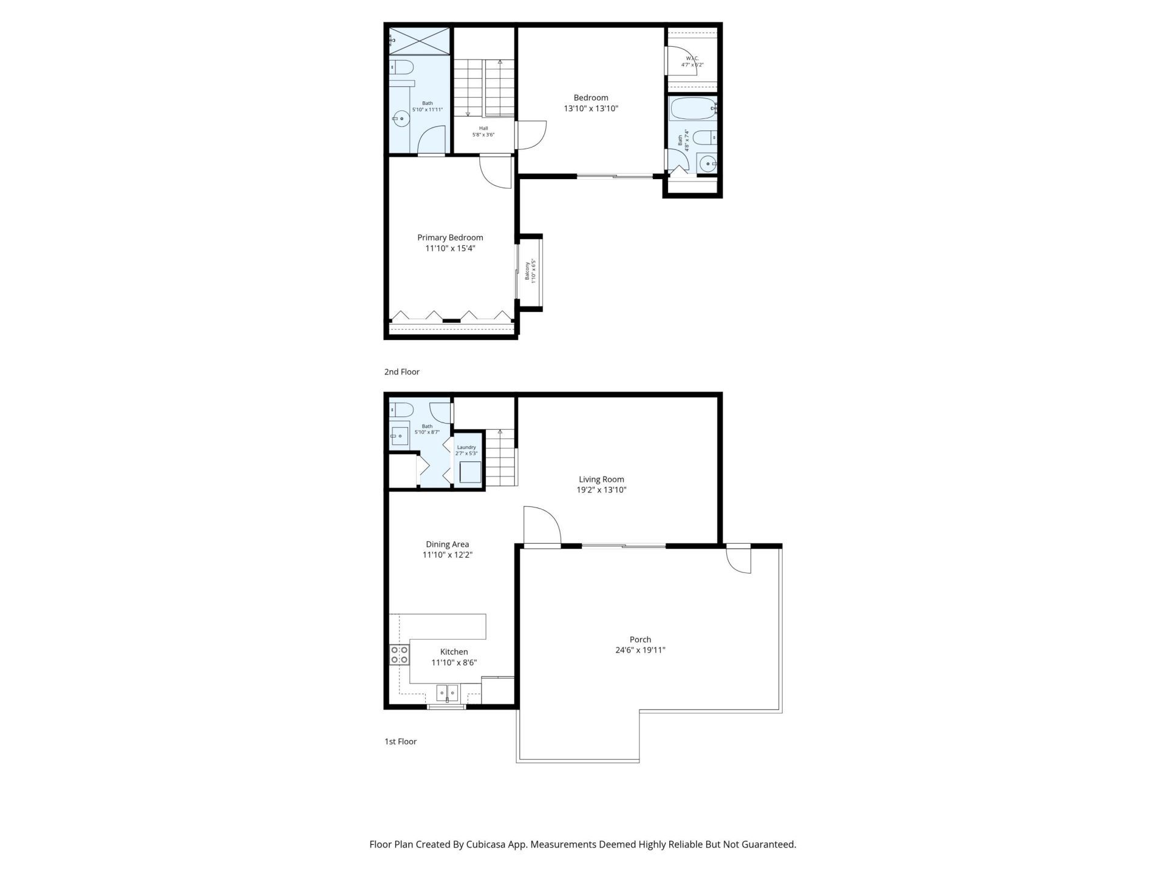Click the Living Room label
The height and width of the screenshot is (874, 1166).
tap(601, 479)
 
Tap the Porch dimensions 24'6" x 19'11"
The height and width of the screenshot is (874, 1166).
tap(640, 650)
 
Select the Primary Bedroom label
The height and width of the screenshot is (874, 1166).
tap(450, 237)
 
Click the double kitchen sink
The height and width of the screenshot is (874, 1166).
tap(448, 692)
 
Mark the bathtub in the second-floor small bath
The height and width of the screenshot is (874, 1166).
tap(693, 109)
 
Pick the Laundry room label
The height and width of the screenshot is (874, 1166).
tap(466, 447)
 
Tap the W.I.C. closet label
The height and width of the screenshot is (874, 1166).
tap(692, 58)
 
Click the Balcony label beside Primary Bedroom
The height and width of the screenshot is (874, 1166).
tap(527, 271)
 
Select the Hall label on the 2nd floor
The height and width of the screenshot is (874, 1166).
tap(483, 128)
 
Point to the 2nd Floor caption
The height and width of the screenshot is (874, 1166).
tap(401, 371)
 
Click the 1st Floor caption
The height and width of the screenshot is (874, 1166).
tap(400, 741)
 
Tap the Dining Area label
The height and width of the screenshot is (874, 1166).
tap(447, 544)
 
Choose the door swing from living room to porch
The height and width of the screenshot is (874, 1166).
tap(541, 526)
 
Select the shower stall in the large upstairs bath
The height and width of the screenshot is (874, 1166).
tap(420, 41)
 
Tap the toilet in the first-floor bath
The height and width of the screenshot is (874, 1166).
tap(401, 409)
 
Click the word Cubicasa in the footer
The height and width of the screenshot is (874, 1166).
tap(488, 844)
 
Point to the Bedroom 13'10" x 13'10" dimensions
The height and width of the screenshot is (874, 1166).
tap(590, 109)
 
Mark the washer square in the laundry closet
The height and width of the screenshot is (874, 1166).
tap(470, 472)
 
